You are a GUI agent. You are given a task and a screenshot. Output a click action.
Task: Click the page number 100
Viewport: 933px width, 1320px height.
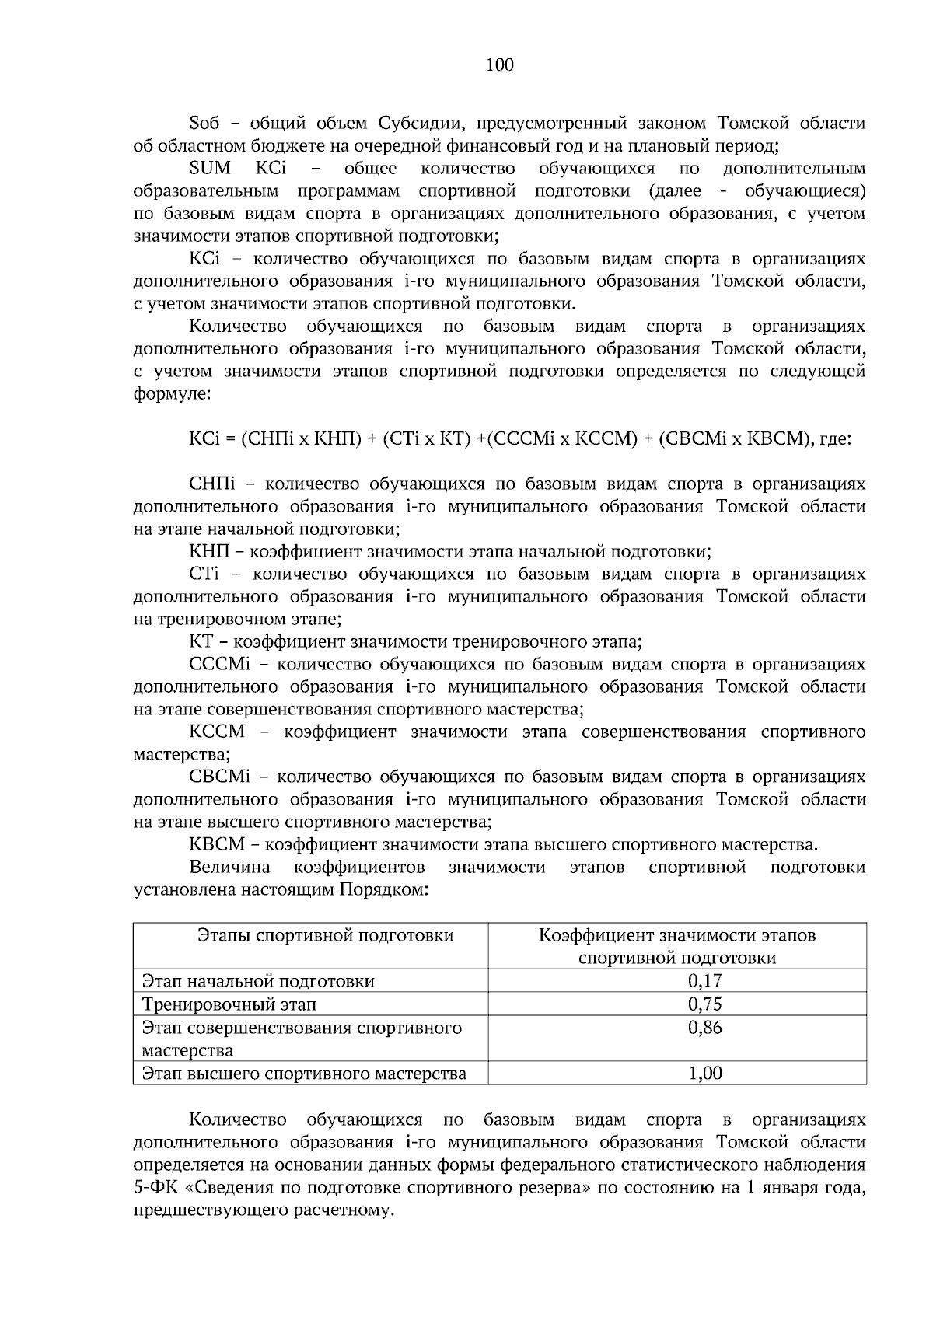tap(499, 65)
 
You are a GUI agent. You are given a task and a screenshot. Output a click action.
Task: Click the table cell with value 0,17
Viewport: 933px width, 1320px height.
tap(705, 980)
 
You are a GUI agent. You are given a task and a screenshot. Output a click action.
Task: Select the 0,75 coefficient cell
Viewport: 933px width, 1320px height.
tap(705, 1004)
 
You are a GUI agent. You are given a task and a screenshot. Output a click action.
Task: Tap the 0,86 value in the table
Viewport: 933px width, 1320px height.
tap(705, 1028)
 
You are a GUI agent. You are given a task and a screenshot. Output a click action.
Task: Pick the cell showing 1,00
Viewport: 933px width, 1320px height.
tap(705, 1074)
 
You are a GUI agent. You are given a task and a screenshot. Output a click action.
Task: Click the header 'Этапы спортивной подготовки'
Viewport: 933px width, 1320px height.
tap(326, 935)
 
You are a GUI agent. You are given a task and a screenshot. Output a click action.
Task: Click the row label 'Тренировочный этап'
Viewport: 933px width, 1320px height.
tap(229, 1004)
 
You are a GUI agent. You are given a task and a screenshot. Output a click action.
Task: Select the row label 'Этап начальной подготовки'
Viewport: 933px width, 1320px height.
tap(258, 981)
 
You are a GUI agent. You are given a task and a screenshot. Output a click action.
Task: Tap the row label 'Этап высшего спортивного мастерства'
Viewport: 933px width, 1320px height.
tap(304, 1074)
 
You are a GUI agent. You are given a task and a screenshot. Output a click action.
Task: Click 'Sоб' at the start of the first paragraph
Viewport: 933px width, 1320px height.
tap(205, 124)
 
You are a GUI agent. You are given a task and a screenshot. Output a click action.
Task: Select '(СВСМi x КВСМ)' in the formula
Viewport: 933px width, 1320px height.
tap(733, 439)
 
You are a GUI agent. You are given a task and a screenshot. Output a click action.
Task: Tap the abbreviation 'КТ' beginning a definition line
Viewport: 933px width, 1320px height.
tap(201, 642)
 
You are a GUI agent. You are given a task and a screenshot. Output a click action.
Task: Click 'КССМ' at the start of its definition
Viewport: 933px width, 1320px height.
tap(217, 732)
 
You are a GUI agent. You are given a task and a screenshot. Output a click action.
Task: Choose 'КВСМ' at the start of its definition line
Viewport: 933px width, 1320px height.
tap(217, 845)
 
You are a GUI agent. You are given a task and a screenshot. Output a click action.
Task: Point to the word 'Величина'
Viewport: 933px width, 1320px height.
tap(230, 868)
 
